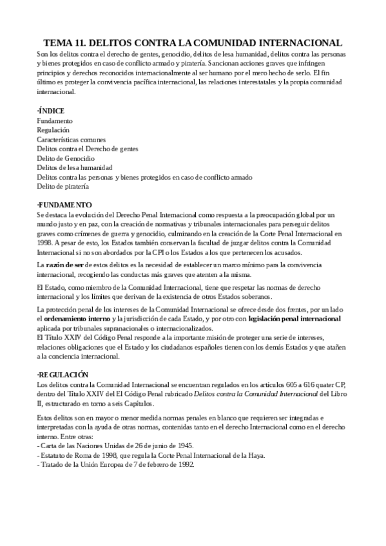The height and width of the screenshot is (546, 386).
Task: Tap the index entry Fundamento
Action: [x=55, y=121]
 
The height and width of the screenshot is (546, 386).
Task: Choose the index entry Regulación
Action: [x=54, y=130]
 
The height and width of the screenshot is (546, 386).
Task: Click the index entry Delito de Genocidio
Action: [x=66, y=158]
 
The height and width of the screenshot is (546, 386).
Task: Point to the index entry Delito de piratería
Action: [x=63, y=186]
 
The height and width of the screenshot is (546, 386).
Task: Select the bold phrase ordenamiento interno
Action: [x=81, y=319]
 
